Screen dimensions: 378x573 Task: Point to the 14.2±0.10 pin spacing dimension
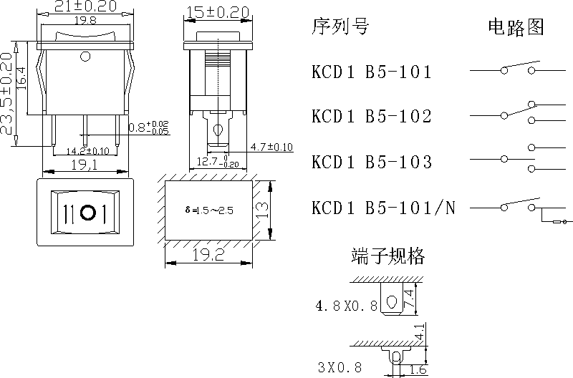87,151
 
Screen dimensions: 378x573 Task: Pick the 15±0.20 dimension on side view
217,12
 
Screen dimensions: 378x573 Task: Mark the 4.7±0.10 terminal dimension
271,147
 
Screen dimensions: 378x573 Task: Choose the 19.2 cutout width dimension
208,254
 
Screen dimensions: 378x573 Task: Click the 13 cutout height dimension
264,210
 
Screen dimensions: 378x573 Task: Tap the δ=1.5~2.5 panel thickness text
209,210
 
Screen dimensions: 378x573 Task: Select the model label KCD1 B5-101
372,72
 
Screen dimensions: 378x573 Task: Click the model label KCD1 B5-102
372,116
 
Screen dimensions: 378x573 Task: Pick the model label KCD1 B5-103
372,162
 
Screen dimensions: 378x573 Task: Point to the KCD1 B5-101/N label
384,208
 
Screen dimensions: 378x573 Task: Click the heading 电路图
516,27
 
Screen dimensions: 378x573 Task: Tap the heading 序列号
340,27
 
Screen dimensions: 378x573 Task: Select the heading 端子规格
387,256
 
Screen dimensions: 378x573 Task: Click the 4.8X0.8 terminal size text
346,306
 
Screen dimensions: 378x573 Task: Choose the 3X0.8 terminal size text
340,368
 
